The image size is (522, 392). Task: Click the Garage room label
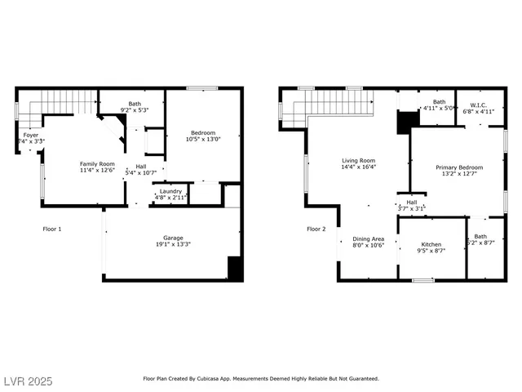[x=172, y=238]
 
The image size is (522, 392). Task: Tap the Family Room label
[x=97, y=164]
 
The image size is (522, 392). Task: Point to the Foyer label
[x=30, y=136]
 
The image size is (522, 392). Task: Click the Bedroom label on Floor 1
[x=203, y=133]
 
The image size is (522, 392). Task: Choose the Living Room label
[x=358, y=161]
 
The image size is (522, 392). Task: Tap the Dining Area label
[x=368, y=238]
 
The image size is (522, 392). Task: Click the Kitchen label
[x=431, y=244]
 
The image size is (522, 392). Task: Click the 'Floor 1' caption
[x=52, y=229]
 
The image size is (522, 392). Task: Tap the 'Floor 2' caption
[x=316, y=229]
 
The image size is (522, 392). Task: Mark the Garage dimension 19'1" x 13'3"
[x=172, y=244]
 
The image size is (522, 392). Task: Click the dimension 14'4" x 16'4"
[x=358, y=167]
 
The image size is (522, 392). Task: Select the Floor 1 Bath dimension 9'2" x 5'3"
[x=134, y=110]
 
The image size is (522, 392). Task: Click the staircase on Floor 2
[x=338, y=103]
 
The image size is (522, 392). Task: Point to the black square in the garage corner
[x=235, y=269]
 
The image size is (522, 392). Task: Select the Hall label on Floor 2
[x=411, y=203]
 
